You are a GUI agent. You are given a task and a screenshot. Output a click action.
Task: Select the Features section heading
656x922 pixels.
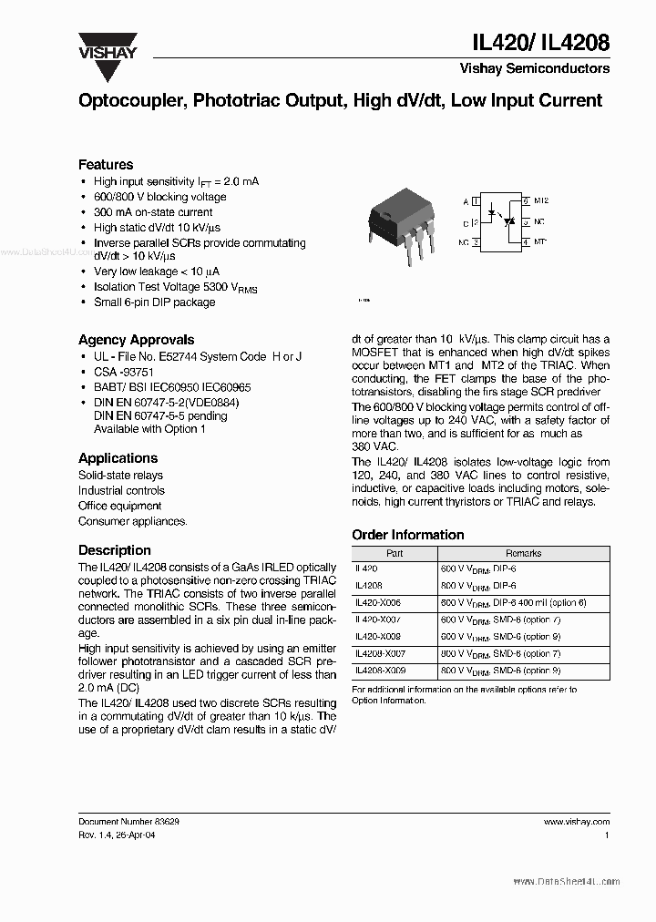(106, 165)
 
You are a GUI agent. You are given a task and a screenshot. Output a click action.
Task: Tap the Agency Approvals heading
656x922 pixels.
(136, 340)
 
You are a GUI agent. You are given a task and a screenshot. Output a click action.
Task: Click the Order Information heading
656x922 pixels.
(407, 535)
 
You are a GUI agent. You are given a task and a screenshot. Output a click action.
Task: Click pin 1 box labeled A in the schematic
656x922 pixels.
(475, 200)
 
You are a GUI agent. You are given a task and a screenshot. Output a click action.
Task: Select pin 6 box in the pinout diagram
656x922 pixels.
(526, 200)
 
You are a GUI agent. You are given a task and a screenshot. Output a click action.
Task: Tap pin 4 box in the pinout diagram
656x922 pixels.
(526, 242)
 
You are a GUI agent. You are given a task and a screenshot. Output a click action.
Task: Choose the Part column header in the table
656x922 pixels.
(395, 553)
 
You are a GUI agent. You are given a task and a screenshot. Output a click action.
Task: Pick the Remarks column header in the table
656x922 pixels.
(523, 553)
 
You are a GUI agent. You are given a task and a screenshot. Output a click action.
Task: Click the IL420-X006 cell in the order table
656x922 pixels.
(377, 602)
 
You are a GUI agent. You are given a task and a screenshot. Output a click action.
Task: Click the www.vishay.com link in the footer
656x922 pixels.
(580, 821)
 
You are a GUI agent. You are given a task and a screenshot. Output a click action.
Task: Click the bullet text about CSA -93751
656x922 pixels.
(124, 372)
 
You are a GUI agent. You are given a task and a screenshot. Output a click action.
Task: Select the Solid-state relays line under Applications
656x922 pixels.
(120, 475)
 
